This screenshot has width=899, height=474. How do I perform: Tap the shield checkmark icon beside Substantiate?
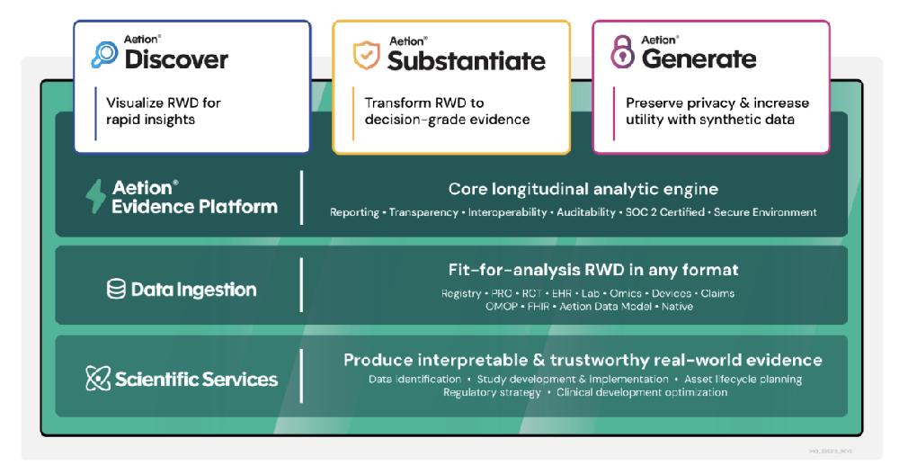click(x=365, y=56)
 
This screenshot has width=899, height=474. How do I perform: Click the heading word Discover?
click(x=176, y=60)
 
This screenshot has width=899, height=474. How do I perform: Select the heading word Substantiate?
click(x=466, y=61)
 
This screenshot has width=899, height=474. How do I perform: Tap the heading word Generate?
click(x=699, y=59)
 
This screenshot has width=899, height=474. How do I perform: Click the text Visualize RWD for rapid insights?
click(x=163, y=112)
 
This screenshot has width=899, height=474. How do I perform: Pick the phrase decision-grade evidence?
click(x=447, y=120)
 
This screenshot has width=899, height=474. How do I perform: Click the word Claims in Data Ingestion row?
click(x=716, y=293)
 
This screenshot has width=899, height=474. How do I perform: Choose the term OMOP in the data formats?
click(x=503, y=306)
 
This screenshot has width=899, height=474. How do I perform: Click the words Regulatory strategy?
click(x=492, y=393)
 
